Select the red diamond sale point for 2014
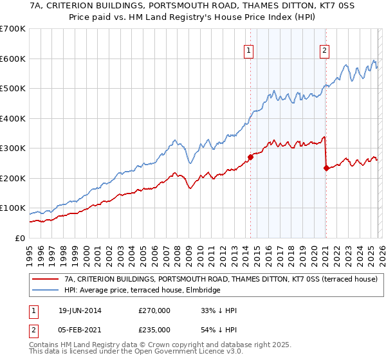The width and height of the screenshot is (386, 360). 250,157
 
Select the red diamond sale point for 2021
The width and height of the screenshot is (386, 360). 326,168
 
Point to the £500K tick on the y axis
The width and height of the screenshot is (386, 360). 13,89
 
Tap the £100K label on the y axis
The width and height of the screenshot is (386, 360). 13,208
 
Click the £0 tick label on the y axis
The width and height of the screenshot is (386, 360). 19,239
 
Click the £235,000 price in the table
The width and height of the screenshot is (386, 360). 154,329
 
